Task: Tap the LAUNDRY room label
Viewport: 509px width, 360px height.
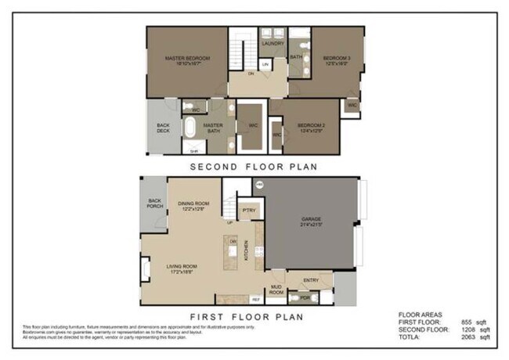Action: click(x=272, y=44)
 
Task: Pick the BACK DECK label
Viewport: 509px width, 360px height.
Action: click(x=163, y=128)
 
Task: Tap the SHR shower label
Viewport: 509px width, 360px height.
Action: click(x=193, y=149)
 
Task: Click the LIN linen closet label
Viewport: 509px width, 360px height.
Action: click(x=265, y=63)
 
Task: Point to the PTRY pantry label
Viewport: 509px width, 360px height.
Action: click(x=249, y=211)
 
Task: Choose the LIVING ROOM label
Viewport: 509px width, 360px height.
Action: click(x=185, y=270)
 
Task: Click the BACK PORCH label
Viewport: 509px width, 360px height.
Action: click(x=155, y=203)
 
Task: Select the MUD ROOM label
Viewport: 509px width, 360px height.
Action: click(x=276, y=290)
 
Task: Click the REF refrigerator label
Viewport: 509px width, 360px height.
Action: click(x=256, y=299)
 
